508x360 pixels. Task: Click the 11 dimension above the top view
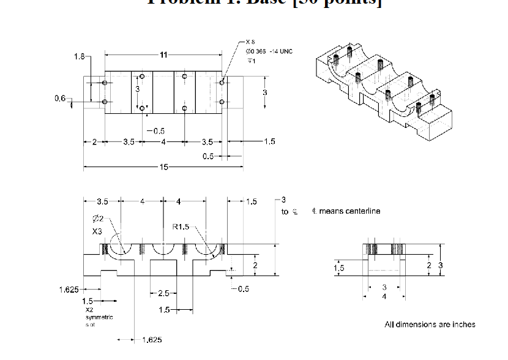pos(163,55)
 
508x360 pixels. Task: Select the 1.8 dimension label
pos(80,57)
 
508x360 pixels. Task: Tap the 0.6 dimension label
pos(59,99)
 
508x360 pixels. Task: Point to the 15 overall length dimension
pos(163,167)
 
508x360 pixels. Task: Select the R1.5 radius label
pos(181,227)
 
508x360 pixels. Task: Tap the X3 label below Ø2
pos(98,232)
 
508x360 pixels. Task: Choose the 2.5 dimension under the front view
pos(163,293)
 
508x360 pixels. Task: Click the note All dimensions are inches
pos(430,324)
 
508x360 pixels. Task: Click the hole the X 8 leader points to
pos(222,80)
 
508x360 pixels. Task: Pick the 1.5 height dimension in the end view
pos(339,268)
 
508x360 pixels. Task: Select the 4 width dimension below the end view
pos(384,297)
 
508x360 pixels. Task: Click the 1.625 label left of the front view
pos(69,289)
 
